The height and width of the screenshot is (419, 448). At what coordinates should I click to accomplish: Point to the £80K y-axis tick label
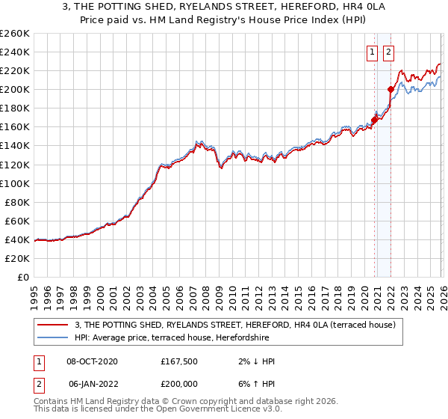[16, 202]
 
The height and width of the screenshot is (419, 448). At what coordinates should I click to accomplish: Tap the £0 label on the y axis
[23, 277]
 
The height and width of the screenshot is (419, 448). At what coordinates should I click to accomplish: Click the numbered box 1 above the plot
[372, 52]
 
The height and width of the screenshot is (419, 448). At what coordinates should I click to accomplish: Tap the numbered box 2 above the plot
[389, 52]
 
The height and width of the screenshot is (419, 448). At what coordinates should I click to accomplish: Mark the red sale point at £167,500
[374, 120]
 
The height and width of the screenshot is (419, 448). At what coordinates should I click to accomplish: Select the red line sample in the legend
[53, 324]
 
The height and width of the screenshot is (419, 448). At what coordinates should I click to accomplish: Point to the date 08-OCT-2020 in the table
[92, 361]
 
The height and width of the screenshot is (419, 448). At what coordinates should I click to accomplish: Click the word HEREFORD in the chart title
[288, 7]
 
